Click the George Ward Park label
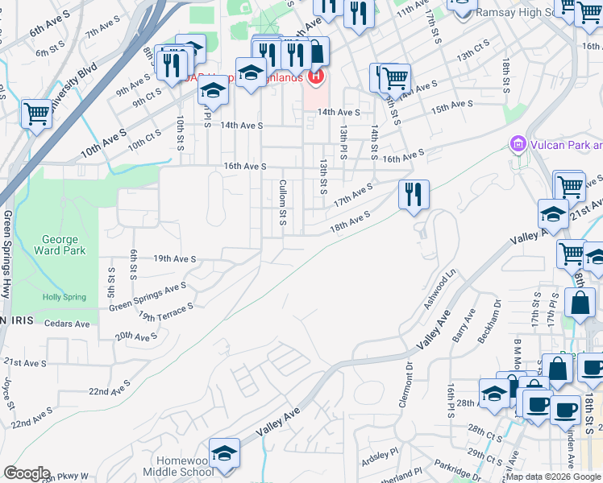[59, 245]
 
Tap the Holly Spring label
[64, 297]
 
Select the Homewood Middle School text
[173, 467]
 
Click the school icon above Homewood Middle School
[224, 453]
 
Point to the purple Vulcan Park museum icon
[518, 145]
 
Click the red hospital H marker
[316, 77]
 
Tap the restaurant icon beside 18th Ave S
[414, 194]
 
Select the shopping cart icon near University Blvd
[36, 114]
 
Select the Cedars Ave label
[68, 324]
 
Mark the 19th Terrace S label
[165, 312]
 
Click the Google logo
[27, 473]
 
